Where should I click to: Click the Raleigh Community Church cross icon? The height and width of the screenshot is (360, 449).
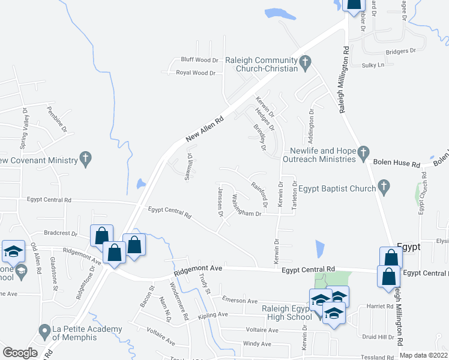tap(305, 62)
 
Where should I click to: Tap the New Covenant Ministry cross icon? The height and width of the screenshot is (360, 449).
tap(86, 160)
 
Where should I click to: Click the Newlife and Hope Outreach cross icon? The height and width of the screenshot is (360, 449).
tap(363, 154)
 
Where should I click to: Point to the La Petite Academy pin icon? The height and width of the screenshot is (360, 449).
tap(44, 330)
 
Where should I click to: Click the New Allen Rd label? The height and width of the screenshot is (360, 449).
tap(204, 129)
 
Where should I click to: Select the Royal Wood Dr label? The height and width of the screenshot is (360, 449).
tap(196, 73)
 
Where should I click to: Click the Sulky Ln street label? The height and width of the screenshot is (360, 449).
tap(372, 65)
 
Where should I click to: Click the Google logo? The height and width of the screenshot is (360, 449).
tap(20, 353)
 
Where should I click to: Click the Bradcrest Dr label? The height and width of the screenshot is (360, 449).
tap(61, 233)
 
